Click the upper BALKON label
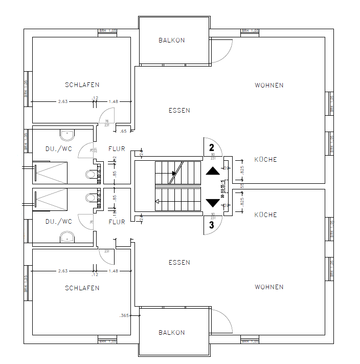pos(171,40)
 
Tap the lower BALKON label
pos(171,332)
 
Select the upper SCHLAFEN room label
pos(82,84)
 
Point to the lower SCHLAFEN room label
pos(82,288)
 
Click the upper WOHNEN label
pos(269,85)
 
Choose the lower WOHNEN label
pos(269,287)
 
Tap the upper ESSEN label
pos(179,110)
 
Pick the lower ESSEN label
pos(179,262)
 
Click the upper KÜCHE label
pos(265,159)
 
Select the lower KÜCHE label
pos(265,215)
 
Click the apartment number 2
pos(211,148)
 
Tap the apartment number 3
pos(211,224)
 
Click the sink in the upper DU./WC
pos(67,135)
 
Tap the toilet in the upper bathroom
pos(92,175)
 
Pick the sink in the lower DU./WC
pos(67,237)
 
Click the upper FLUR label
pos(117,149)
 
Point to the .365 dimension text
pos(123,315)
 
